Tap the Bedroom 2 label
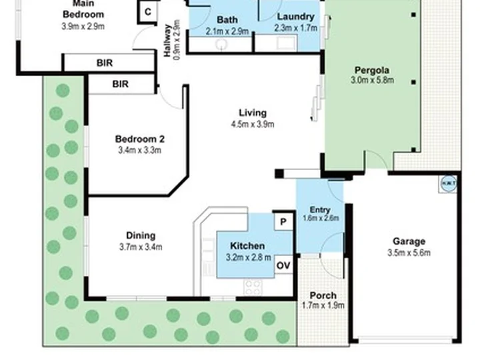tap(139, 139)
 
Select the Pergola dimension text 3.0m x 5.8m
tap(372, 81)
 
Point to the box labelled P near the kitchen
tap(283, 221)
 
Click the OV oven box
tap(283, 265)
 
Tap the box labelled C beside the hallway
tap(147, 12)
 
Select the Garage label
tap(409, 241)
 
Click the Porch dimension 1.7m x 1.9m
tap(323, 306)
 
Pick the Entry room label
tap(319, 209)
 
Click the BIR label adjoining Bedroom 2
tap(120, 84)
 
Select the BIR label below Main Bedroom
tap(105, 63)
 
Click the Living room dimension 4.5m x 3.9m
tap(253, 124)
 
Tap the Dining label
tap(141, 235)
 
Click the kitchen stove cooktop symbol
tap(253, 287)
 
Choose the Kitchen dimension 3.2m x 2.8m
tap(247, 257)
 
